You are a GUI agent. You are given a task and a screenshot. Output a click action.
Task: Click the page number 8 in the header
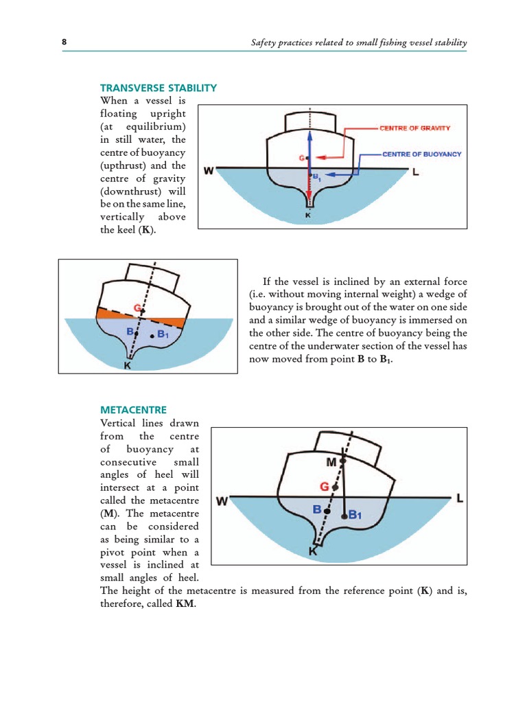[65, 43]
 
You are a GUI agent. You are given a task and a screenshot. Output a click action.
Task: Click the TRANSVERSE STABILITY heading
[159, 88]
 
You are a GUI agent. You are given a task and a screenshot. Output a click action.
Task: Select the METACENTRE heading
[134, 410]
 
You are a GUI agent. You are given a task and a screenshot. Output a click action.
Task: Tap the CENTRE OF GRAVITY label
[414, 128]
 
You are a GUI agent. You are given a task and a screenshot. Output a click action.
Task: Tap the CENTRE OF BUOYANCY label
[421, 154]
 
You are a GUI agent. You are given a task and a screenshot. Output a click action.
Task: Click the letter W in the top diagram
[209, 170]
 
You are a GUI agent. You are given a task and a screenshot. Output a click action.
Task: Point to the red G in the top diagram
[301, 159]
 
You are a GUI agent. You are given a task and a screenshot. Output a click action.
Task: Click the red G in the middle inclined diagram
[138, 309]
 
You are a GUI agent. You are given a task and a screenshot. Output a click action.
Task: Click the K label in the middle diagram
[127, 367]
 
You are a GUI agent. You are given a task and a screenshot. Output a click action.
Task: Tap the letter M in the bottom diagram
[331, 462]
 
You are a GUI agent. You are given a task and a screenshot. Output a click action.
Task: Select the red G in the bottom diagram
[325, 487]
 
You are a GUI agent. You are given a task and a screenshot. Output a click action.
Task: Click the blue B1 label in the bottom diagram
[355, 514]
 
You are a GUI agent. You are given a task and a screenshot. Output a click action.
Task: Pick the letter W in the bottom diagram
[222, 501]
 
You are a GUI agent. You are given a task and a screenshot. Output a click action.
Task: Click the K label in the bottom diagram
[313, 551]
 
